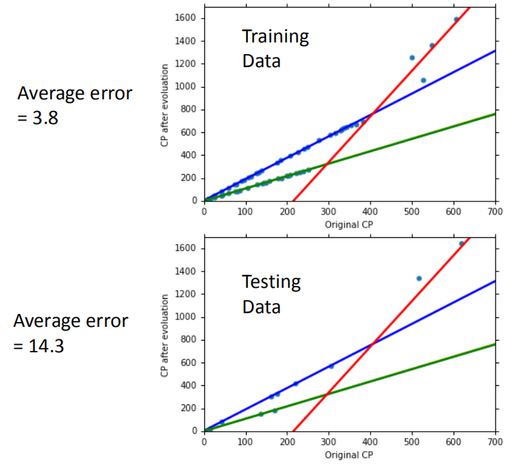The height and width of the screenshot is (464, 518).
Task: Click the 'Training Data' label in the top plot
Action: pyautogui.click(x=275, y=49)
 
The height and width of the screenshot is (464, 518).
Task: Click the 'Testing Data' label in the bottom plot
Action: pyautogui.click(x=271, y=294)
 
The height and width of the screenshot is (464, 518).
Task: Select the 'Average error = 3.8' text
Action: pyautogui.click(x=75, y=105)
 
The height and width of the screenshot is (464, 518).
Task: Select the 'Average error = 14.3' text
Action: pyautogui.click(x=71, y=333)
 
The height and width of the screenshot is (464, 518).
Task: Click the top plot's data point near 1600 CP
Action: pyautogui.click(x=456, y=19)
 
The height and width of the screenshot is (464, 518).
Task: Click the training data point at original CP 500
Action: pyautogui.click(x=412, y=58)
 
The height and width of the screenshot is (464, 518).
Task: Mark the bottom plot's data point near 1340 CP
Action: pyautogui.click(x=419, y=278)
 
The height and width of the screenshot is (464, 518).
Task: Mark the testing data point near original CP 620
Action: pyautogui.click(x=461, y=243)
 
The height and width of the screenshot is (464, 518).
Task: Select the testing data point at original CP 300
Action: pyautogui.click(x=331, y=366)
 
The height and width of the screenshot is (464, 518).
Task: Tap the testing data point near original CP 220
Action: pyautogui.click(x=295, y=384)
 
